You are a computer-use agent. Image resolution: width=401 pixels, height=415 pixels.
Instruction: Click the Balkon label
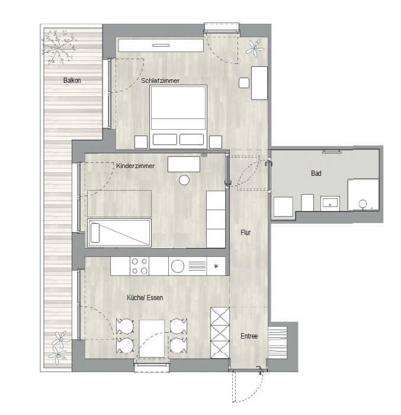coord(72,80)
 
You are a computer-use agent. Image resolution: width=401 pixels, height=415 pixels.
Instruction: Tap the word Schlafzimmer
coord(161,81)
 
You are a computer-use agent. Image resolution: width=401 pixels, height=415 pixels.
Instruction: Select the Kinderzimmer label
coord(135,166)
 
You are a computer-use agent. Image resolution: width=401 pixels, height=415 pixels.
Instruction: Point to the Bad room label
coord(316,173)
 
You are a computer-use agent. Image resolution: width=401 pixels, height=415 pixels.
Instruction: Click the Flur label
coord(246,233)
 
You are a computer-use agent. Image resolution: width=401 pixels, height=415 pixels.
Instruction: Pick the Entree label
coord(249,336)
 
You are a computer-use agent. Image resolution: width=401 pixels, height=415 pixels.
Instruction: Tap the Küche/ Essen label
coord(145,298)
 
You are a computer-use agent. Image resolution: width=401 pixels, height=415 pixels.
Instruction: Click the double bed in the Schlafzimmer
coord(178,117)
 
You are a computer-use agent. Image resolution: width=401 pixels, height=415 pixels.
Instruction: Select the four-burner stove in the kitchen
coord(139,266)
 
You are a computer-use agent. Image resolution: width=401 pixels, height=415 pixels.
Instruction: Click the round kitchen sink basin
coord(178,266)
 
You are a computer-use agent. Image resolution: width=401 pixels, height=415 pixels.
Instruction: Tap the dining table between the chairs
coord(152,339)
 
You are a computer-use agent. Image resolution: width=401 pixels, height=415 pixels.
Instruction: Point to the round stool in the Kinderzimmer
coord(184,180)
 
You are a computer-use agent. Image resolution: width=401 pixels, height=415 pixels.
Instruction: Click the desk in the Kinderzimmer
coord(184,164)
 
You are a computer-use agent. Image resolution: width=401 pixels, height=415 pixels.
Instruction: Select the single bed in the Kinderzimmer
coord(119,233)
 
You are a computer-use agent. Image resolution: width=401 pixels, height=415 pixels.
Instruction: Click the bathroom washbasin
coord(330,203)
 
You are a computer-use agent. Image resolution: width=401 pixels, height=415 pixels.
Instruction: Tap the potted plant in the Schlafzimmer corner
coord(255,48)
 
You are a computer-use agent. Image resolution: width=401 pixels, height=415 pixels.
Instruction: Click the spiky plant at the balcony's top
coord(59,47)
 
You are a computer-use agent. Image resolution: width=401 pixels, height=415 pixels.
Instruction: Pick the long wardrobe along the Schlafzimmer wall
coord(161,45)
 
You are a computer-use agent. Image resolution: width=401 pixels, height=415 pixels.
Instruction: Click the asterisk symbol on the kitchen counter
coord(216,266)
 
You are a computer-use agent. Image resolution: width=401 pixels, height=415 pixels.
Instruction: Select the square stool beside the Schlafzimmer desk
coord(244,83)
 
